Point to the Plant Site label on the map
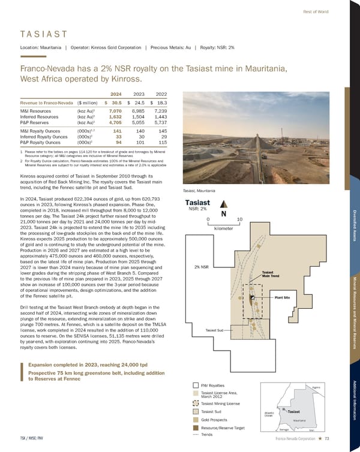point(282,297)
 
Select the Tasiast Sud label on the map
point(214,330)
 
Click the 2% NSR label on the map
point(201,267)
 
